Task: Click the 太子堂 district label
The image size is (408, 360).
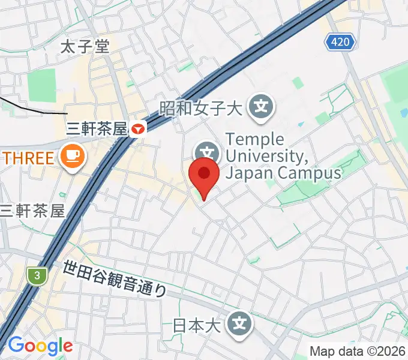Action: pos(86,47)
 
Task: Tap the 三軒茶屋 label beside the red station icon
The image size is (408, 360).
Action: pos(97,128)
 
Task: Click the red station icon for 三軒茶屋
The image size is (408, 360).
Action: pos(139,128)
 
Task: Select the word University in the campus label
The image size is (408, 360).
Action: pos(266,157)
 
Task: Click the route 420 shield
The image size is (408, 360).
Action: pos(341,42)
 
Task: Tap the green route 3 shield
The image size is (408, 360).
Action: pos(37,276)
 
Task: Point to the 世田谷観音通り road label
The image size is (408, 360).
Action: pos(114,278)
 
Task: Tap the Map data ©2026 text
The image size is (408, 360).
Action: pos(358,351)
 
